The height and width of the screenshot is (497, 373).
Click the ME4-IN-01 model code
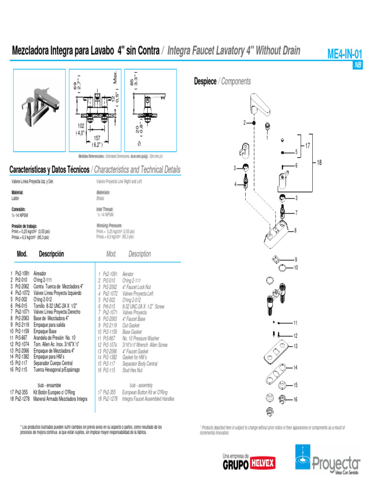click(344, 54)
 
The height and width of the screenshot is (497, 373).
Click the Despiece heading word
click(205, 82)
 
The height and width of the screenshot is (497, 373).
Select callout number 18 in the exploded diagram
click(319, 163)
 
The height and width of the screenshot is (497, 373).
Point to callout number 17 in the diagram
click(307, 145)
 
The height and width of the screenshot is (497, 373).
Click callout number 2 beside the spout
click(245, 123)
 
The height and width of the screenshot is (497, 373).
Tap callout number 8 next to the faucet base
click(295, 230)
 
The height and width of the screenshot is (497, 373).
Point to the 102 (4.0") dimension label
click(80, 129)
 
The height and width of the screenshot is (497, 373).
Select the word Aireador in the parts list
click(40, 274)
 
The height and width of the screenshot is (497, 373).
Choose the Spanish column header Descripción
click(51, 254)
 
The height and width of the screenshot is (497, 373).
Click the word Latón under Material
click(17, 198)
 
